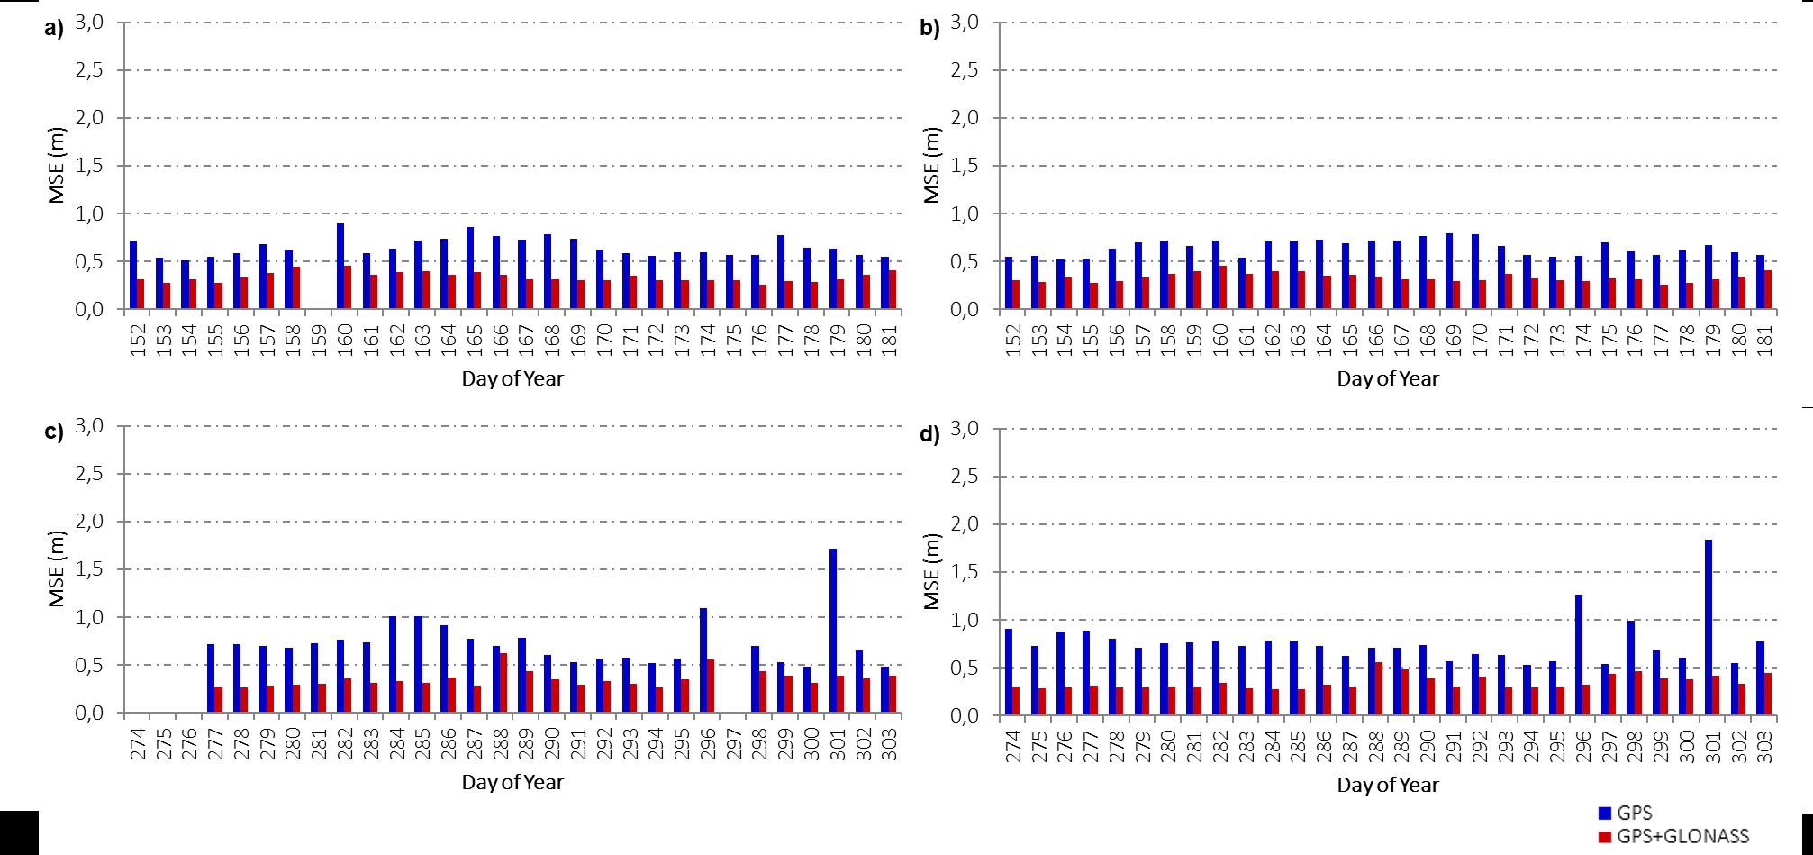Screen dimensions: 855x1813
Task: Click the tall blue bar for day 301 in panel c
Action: (x=833, y=631)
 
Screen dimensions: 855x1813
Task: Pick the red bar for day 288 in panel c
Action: (x=503, y=683)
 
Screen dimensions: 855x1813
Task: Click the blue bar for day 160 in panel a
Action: (x=340, y=267)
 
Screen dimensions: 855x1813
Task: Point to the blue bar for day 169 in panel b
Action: (x=1448, y=271)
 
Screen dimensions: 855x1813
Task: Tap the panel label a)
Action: (x=54, y=29)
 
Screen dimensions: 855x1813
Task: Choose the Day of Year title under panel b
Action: (x=1387, y=378)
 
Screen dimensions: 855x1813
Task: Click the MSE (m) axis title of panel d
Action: (x=932, y=572)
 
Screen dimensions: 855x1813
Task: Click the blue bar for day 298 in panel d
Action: (x=1630, y=668)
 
